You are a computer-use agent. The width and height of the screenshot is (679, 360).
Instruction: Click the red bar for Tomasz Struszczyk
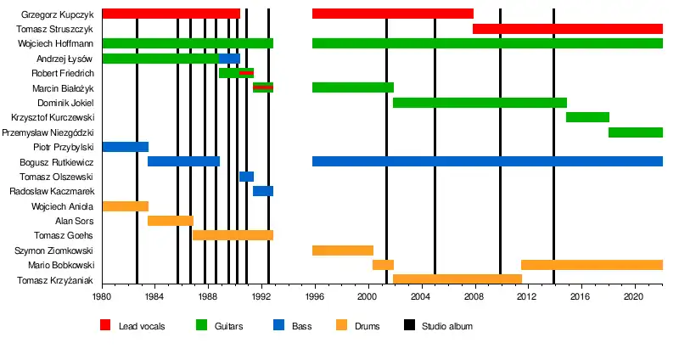coord(567,29)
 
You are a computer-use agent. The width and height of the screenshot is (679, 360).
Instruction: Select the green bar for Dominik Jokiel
coord(480,103)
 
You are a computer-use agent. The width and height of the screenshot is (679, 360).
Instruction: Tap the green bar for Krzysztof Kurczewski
coord(587,117)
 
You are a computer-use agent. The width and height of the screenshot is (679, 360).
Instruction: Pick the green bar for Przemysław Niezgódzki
coord(635,132)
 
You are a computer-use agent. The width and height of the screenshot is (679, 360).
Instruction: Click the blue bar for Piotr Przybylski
coord(126,147)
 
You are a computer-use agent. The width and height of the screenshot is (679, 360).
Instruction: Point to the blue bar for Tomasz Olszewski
coord(246,177)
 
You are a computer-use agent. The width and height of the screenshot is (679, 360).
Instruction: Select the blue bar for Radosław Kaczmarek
coord(263,191)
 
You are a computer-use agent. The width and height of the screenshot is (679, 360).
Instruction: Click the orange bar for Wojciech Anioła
coord(126,206)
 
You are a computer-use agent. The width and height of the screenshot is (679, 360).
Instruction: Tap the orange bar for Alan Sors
coord(171,221)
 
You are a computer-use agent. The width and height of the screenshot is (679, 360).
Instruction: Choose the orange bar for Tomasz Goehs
coord(233,235)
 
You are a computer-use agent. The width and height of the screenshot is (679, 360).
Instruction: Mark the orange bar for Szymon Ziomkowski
coord(343,250)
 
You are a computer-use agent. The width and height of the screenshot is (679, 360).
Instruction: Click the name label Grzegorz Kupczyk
coord(57,14)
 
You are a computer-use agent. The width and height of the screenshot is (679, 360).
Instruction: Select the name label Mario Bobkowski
coord(63,265)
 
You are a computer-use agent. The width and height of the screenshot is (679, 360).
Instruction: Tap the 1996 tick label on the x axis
coord(314,297)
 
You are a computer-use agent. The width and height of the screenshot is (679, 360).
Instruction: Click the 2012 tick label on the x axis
coord(526,297)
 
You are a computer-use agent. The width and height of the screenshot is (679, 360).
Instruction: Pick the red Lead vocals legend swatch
coord(105,325)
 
